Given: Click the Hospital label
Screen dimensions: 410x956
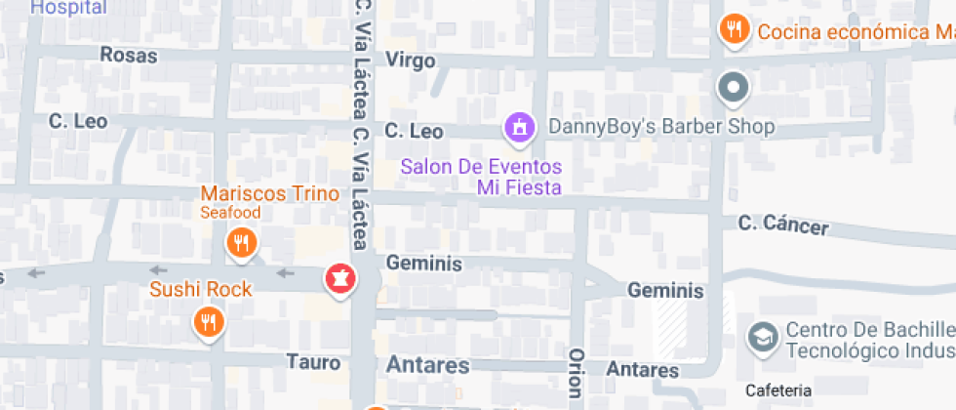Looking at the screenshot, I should pos(68,7).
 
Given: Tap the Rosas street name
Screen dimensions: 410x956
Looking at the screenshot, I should pos(128,56).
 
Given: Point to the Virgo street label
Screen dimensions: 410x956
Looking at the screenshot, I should pos(410,60).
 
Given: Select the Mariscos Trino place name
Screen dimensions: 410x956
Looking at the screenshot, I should pos(269,193).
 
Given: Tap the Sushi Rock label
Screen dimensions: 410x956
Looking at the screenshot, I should pos(200,289).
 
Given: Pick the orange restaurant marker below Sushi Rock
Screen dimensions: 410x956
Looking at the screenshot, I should pos(207,320).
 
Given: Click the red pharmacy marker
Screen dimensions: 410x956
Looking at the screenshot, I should pos(340,278).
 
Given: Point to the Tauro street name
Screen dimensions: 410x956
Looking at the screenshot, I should pos(313,362).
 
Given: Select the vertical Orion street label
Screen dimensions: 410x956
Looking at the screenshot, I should pos(576,372).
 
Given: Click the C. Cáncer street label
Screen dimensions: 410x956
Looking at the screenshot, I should pos(783,225).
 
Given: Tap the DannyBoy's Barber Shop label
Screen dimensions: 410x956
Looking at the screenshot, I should pos(661,127).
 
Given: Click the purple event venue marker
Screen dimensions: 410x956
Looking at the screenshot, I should pos(520,126).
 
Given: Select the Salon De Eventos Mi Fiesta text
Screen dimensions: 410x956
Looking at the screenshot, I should pos(482,176).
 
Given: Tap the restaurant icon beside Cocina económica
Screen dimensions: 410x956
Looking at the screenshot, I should pos(733,28).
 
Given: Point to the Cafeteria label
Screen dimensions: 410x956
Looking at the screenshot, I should pos(777,390).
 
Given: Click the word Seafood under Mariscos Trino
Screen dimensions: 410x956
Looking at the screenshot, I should pos(231,212).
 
